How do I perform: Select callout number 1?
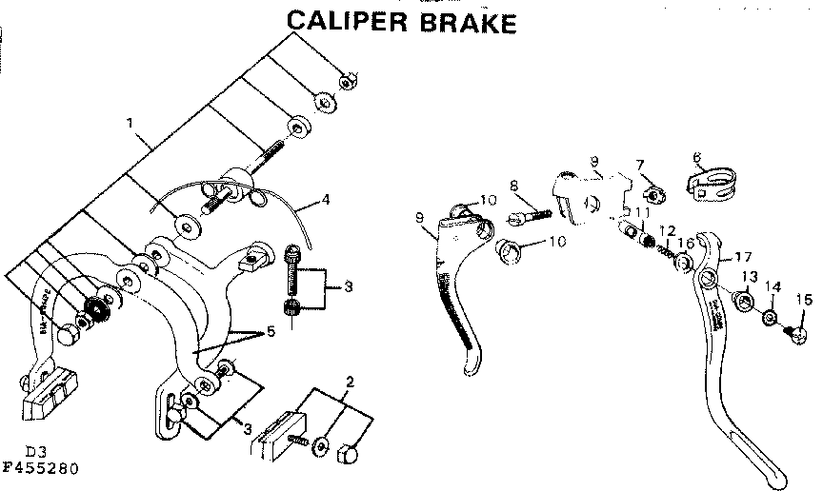pos(130,122)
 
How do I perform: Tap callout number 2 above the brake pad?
pos(350,382)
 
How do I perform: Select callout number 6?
pos(697,158)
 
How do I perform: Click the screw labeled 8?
pos(526,216)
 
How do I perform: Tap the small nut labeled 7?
pos(655,195)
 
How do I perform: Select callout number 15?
pos(804,299)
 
